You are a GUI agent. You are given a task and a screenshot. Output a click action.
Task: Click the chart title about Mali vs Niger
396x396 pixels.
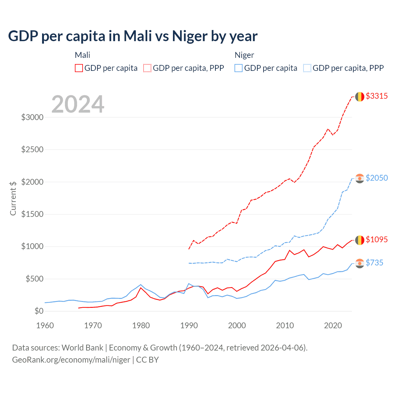click(133, 36)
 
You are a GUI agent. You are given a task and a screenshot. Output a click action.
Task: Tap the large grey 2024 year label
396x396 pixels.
click(78, 105)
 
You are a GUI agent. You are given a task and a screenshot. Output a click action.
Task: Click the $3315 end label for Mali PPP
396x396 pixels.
click(377, 96)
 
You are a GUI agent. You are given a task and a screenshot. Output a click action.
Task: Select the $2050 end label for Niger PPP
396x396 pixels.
click(377, 178)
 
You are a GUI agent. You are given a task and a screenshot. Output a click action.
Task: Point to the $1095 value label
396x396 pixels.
click(377, 239)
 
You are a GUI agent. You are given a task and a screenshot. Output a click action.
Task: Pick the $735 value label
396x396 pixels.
click(374, 263)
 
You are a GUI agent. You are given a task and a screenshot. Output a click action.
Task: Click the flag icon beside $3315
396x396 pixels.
click(359, 97)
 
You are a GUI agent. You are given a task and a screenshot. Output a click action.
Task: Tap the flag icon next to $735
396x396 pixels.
click(359, 263)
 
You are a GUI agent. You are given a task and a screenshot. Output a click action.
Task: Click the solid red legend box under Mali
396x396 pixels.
click(79, 68)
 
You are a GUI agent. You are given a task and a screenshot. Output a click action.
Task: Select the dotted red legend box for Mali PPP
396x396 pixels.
click(147, 68)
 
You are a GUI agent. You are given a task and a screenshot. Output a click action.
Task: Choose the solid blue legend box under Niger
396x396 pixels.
click(239, 68)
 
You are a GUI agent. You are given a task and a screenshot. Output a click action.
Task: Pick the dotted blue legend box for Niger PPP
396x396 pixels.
click(307, 68)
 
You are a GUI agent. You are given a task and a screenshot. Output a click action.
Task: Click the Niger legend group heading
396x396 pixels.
click(244, 55)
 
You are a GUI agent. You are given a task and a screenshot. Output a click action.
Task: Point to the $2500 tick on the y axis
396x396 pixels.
click(32, 150)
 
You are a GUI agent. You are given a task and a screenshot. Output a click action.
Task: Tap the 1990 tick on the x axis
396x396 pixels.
click(189, 325)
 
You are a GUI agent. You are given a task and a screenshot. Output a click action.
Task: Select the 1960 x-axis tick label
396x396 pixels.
click(45, 325)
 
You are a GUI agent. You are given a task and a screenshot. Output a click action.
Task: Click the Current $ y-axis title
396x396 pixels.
click(13, 198)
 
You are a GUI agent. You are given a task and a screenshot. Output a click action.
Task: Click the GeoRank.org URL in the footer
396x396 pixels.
click(71, 360)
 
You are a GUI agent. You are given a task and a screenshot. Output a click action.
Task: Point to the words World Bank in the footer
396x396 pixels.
click(82, 348)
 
